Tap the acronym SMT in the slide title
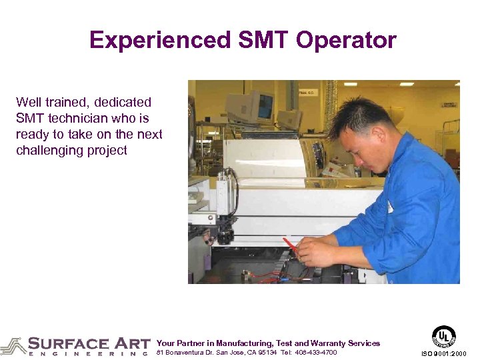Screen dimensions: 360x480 point(261,41)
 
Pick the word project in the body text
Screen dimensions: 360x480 point(107,151)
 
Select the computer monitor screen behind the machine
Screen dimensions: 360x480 point(266,105)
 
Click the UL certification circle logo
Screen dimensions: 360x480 point(444,336)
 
